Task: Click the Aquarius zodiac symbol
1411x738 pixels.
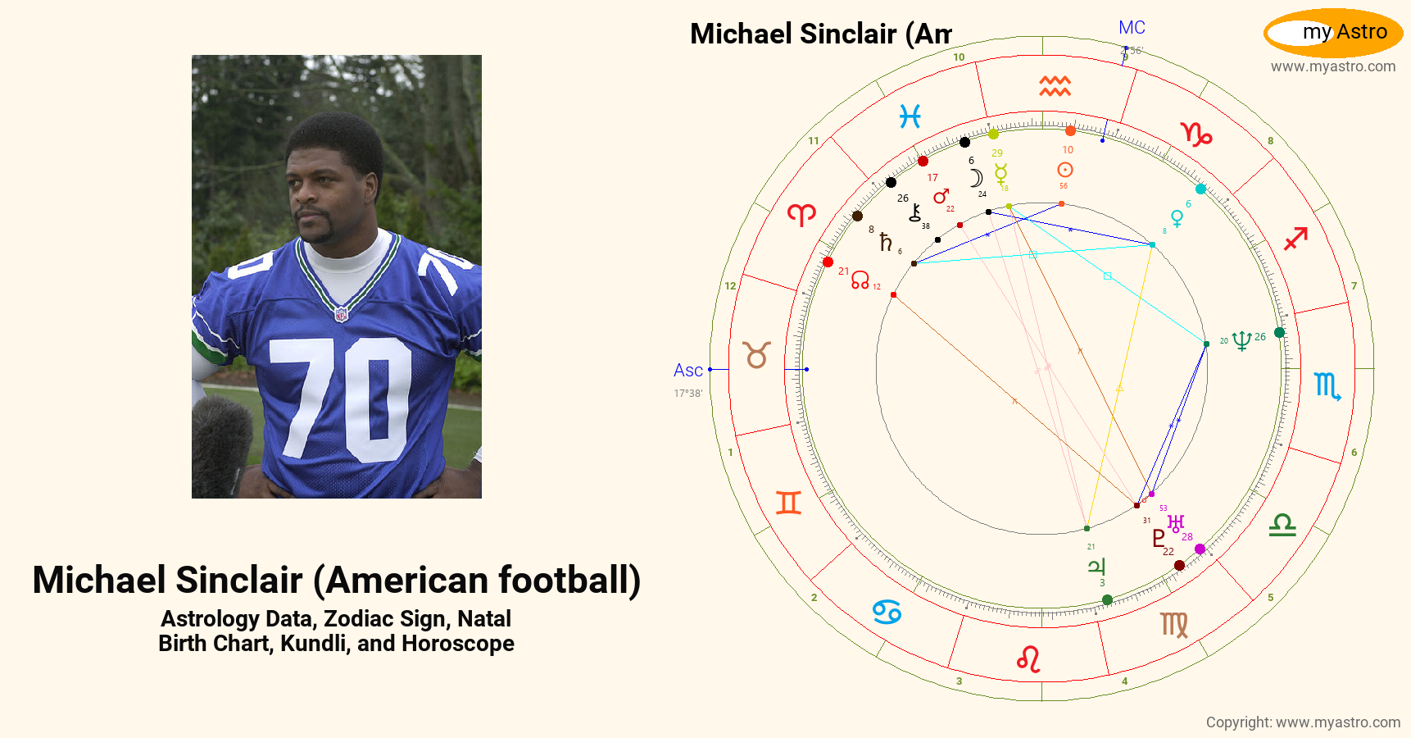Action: pyautogui.click(x=1055, y=85)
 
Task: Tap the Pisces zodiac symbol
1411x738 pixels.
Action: pyautogui.click(x=910, y=116)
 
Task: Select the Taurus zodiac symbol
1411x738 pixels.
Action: pyautogui.click(x=756, y=355)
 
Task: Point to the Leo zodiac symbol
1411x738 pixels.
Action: pyautogui.click(x=1028, y=658)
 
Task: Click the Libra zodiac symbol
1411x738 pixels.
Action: pyautogui.click(x=1282, y=525)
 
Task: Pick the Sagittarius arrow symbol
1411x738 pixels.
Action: pyautogui.click(x=1295, y=239)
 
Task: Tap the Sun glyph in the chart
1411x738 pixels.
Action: pyautogui.click(x=1064, y=170)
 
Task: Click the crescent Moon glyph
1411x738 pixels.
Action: pyautogui.click(x=976, y=178)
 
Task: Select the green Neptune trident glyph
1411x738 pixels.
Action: pyautogui.click(x=1241, y=340)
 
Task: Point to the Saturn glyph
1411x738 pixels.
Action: pyautogui.click(x=885, y=242)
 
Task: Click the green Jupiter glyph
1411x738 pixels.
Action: pyautogui.click(x=1096, y=566)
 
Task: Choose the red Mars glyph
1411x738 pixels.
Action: pyautogui.click(x=941, y=196)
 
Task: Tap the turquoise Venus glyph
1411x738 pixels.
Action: pyautogui.click(x=1177, y=218)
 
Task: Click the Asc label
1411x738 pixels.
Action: pyautogui.click(x=687, y=371)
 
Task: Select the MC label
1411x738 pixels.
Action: pyautogui.click(x=1132, y=28)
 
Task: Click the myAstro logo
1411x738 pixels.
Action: pyautogui.click(x=1333, y=33)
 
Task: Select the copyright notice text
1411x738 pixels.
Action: pyautogui.click(x=1303, y=722)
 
